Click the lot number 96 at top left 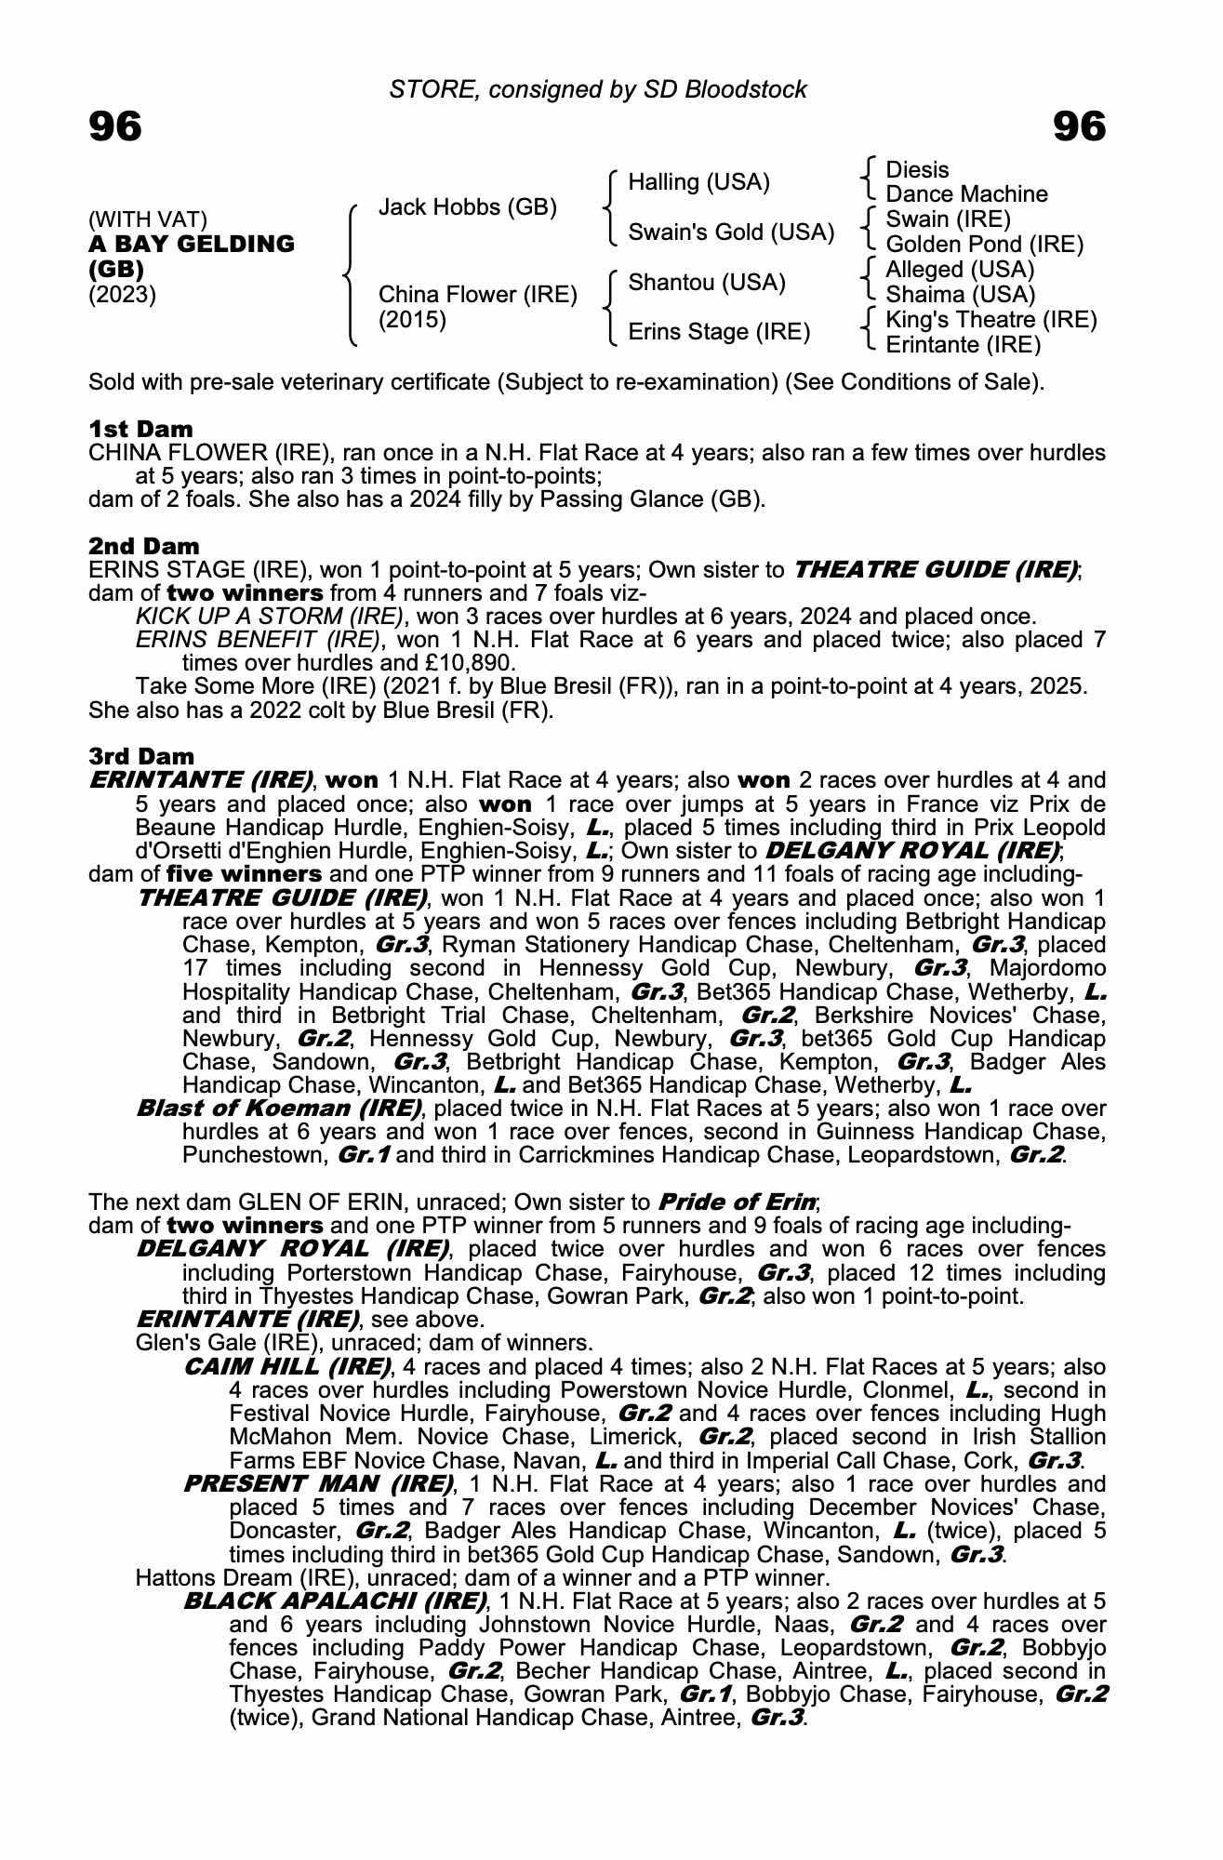pyautogui.click(x=115, y=126)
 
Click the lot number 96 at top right pyautogui.click(x=1079, y=126)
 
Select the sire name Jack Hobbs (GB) pyautogui.click(x=468, y=207)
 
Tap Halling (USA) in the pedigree pyautogui.click(x=698, y=182)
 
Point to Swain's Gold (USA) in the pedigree pyautogui.click(x=731, y=232)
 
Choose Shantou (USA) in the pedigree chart pyautogui.click(x=707, y=283)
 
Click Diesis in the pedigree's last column pyautogui.click(x=917, y=170)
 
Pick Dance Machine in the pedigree pyautogui.click(x=966, y=194)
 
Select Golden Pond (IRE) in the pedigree pyautogui.click(x=985, y=245)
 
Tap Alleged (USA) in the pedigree pyautogui.click(x=960, y=270)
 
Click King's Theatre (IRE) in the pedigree pyautogui.click(x=991, y=320)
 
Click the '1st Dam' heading pyautogui.click(x=140, y=429)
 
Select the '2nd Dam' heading pyautogui.click(x=143, y=546)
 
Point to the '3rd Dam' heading pyautogui.click(x=141, y=756)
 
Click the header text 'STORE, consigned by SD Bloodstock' pyautogui.click(x=598, y=89)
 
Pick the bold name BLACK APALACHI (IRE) pyautogui.click(x=335, y=1601)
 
